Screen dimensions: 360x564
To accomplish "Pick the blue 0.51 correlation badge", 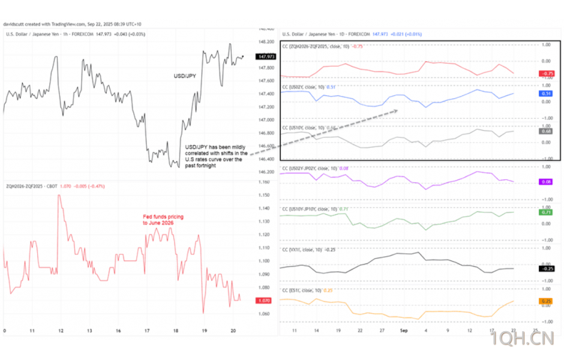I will click(546, 94).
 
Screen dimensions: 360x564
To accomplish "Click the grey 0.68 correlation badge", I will click(546, 131).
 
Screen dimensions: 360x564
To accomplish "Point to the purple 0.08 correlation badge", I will click(546, 181).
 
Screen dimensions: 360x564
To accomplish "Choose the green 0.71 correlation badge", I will click(546, 212).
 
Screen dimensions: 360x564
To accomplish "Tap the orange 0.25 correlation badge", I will click(546, 301).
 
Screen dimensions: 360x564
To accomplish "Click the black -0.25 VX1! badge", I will click(546, 268).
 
